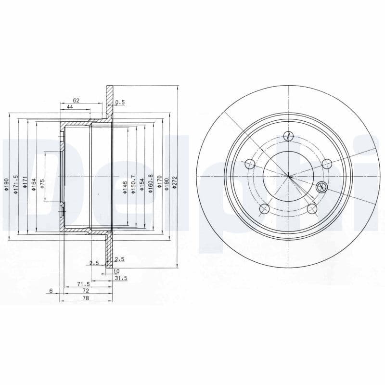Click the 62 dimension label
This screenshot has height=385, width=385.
[x=76, y=101]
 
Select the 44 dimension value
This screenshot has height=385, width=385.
[x=70, y=107]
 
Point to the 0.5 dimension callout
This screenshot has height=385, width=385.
[x=120, y=103]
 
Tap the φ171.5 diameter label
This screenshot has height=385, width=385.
[x=16, y=185]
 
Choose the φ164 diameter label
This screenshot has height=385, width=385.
[x=34, y=185]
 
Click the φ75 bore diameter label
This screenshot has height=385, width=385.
[x=42, y=184]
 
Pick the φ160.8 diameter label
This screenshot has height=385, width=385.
[x=151, y=184]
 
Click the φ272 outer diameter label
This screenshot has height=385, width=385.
[x=175, y=183]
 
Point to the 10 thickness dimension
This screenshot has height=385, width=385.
[x=116, y=271]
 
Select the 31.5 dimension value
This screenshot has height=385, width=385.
[x=122, y=278]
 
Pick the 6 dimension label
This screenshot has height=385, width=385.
[x=51, y=291]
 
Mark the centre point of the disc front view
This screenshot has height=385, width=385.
[x=288, y=176]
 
